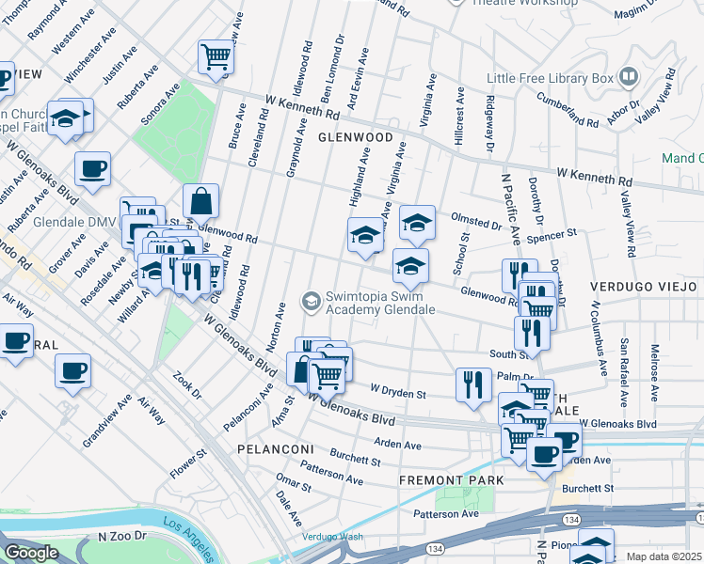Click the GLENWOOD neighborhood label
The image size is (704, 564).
355,137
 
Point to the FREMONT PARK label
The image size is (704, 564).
451,480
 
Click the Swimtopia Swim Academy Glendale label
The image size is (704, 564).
380,303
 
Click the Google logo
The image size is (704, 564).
31,553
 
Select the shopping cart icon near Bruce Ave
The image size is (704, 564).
216,57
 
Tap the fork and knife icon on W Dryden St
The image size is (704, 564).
472,384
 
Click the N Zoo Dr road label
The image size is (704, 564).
123,537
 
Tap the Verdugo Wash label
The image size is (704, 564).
331,537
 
